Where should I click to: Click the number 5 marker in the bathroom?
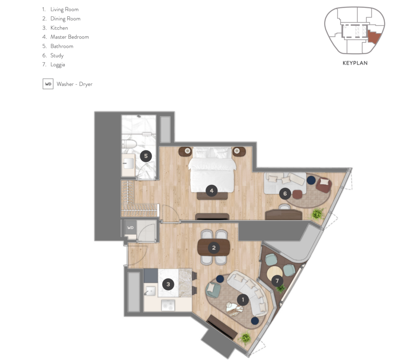click(x=146, y=156)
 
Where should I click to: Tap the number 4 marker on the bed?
click(x=211, y=191)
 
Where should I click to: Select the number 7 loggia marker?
click(x=277, y=281)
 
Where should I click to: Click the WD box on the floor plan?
click(x=130, y=228)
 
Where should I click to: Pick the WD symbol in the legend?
click(x=48, y=84)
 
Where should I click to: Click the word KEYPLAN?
click(x=355, y=63)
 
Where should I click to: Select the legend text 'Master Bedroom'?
click(x=69, y=37)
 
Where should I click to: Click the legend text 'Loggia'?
click(x=58, y=65)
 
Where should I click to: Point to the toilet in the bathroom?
click(x=129, y=144)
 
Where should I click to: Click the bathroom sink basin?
click(x=128, y=163)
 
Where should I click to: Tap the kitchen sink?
click(x=150, y=291)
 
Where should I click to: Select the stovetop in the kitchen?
click(x=168, y=305)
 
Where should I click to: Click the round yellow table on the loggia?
click(x=275, y=273)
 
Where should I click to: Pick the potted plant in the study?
click(x=317, y=214)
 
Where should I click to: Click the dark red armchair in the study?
click(x=324, y=185)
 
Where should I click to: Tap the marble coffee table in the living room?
click(x=234, y=309)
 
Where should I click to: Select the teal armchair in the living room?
click(x=213, y=290)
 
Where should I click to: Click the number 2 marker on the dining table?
click(x=213, y=248)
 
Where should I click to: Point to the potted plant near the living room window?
click(x=245, y=338)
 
